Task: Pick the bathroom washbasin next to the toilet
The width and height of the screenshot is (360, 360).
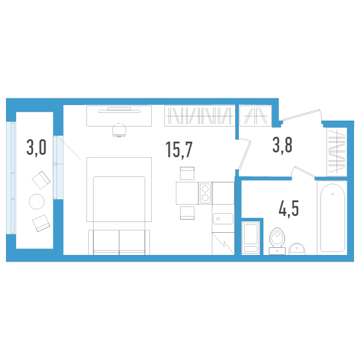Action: tap(298, 248)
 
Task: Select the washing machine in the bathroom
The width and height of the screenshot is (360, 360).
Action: tap(250, 238)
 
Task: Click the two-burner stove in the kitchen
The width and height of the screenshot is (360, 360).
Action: tap(205, 193)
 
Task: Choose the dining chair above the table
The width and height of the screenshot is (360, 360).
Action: tap(187, 173)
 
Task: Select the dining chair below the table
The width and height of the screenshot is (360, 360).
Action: tap(187, 213)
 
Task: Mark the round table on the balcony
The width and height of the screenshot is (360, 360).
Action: tap(37, 201)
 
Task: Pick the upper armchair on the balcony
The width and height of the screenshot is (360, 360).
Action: tap(41, 179)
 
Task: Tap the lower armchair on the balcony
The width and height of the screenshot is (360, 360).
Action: tap(41, 223)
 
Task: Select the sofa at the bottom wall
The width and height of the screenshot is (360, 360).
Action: tap(119, 241)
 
